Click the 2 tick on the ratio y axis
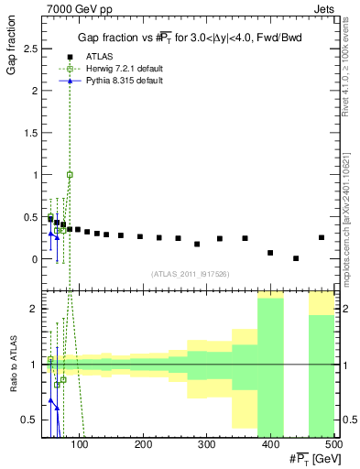point(36,309)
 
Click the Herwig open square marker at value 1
point(70,174)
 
